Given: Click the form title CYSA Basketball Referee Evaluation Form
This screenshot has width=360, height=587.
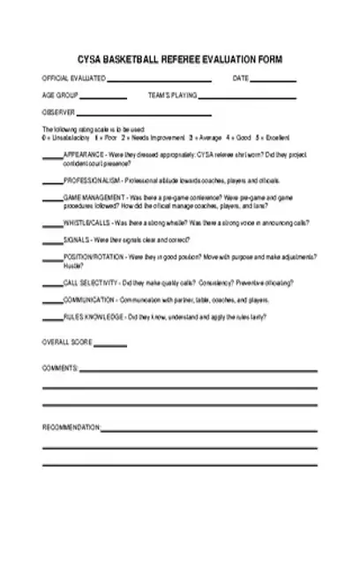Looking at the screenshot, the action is tap(180, 60).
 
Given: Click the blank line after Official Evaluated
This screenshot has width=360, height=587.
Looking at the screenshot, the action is tap(159, 80).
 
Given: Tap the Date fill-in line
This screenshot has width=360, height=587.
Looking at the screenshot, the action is tap(275, 80).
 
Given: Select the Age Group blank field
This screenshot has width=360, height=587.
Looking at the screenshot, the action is tap(104, 97).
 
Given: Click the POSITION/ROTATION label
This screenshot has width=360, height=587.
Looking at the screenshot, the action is tap(94, 257).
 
